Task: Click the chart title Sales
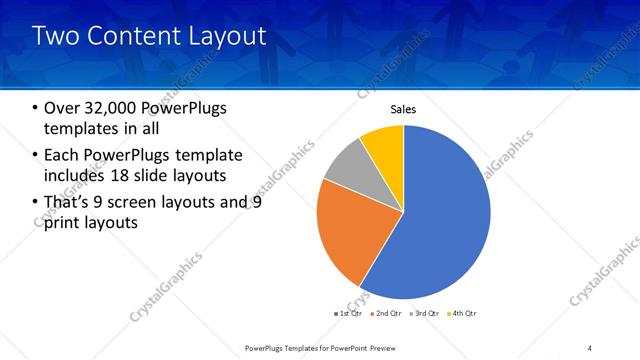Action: pos(403,110)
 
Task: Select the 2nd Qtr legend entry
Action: pos(389,313)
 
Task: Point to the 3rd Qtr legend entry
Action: pos(428,313)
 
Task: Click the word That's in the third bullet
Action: pos(70,202)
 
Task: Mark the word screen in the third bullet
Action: pos(148,202)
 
